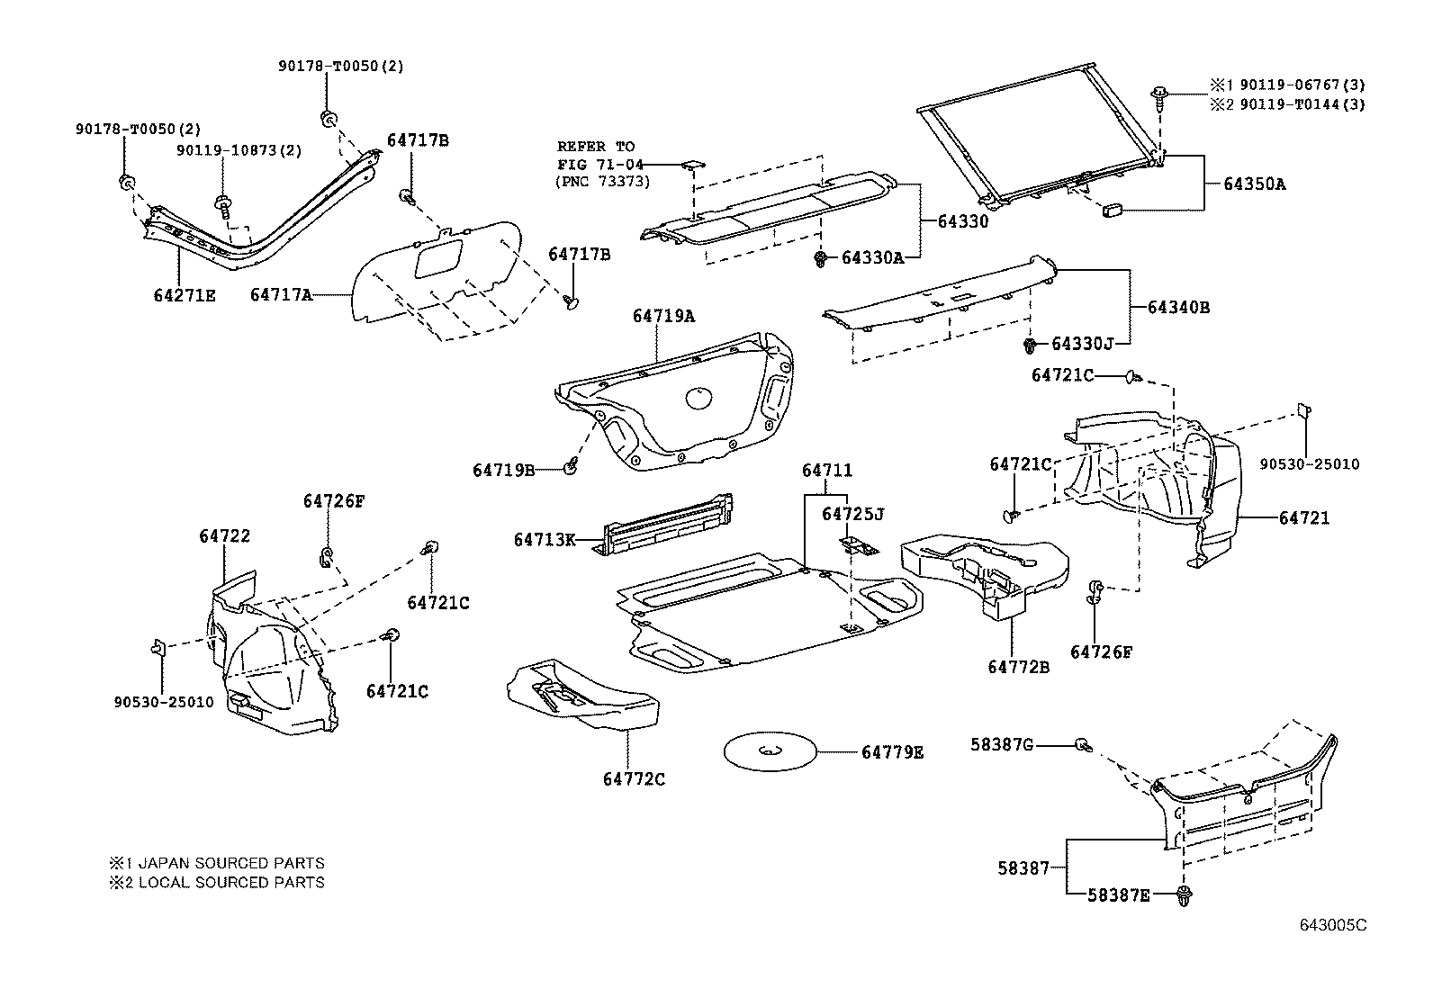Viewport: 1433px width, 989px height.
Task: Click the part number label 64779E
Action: [892, 752]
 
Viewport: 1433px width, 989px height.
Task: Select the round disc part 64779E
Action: [771, 751]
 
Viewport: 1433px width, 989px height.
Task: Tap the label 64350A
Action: [1255, 184]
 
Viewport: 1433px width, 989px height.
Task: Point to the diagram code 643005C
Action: [1333, 925]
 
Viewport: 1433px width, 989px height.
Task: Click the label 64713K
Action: [545, 540]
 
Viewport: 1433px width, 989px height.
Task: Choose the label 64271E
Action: [185, 295]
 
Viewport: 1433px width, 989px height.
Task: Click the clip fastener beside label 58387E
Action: [1185, 895]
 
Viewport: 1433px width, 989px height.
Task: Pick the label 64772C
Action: [634, 779]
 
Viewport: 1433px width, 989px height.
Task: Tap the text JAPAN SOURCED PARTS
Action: [231, 863]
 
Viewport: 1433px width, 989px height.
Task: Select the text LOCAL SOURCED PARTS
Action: [231, 882]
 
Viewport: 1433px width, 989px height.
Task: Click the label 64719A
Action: [663, 316]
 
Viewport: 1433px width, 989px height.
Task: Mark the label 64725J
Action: [852, 515]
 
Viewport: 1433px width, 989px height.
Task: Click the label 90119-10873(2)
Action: [239, 150]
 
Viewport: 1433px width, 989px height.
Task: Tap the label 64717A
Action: [281, 295]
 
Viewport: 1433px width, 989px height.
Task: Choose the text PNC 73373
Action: [602, 182]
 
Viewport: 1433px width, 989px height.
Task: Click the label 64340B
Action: [1178, 308]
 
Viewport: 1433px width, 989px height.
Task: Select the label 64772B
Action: [1018, 667]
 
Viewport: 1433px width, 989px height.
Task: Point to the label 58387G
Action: [1002, 744]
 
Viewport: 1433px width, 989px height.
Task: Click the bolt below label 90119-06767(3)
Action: [1158, 98]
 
